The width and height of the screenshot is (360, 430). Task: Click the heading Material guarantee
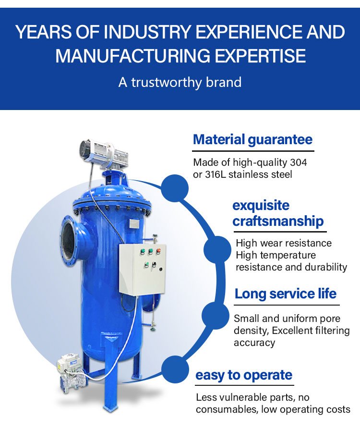252,140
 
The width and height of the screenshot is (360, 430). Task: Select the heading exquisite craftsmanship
278,213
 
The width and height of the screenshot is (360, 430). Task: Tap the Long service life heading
286,294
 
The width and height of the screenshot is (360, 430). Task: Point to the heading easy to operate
244,375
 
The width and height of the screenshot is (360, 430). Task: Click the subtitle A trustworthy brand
180,82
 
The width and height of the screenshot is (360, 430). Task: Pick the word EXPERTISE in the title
260,55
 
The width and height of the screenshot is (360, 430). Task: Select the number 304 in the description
299,162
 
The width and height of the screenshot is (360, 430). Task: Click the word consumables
227,409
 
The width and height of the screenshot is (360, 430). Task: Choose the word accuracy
254,343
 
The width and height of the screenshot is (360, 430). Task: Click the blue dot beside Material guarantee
175,188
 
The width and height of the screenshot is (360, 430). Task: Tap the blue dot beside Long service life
216,316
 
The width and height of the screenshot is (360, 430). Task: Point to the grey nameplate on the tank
134,223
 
